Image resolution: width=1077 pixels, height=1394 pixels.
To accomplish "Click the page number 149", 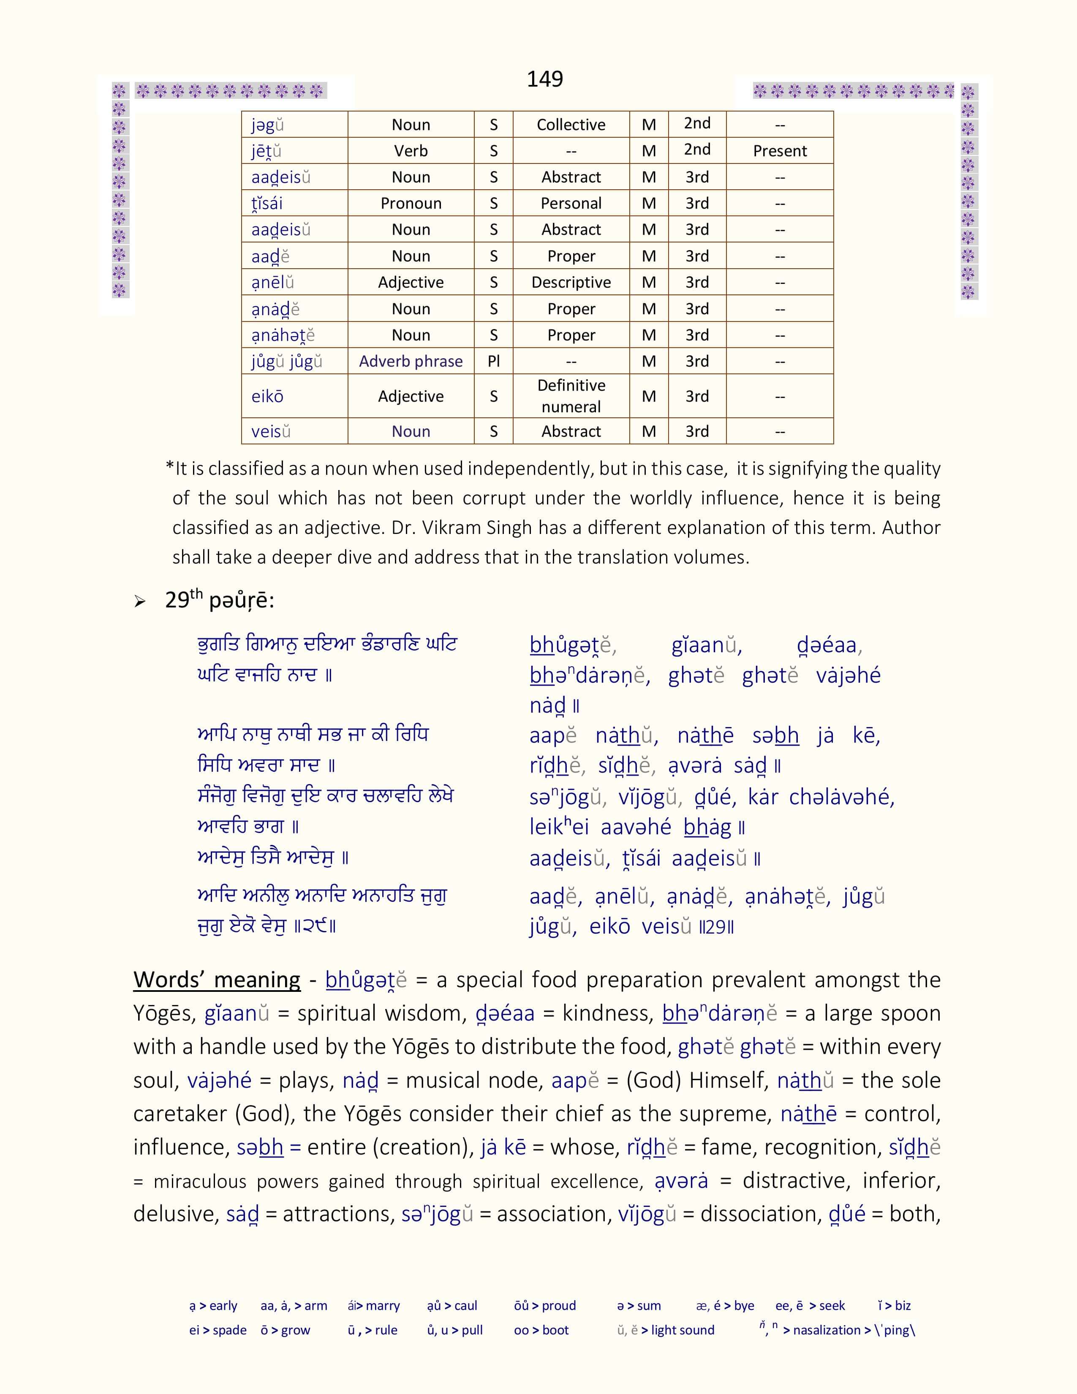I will [x=544, y=79].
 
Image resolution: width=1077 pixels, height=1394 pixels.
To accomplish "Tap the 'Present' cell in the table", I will [x=780, y=151].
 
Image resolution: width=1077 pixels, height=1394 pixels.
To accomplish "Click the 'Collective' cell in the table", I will [x=571, y=125].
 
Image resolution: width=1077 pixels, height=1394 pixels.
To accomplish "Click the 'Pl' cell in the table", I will [x=493, y=361].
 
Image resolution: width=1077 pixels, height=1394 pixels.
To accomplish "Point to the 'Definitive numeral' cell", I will [x=571, y=396].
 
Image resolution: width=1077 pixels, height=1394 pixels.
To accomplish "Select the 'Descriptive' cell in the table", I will [x=571, y=282].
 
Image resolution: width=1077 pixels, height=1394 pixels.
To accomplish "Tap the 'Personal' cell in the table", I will [x=571, y=204].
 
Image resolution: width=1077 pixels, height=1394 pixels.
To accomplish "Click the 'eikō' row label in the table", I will [x=267, y=396].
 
